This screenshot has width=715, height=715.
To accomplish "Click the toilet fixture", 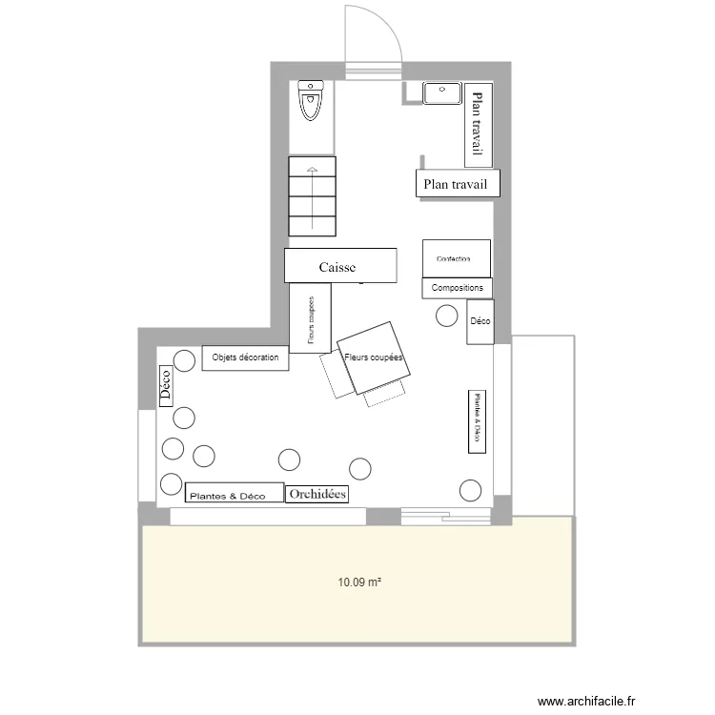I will [312, 100].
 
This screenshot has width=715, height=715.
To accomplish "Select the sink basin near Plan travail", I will [442, 92].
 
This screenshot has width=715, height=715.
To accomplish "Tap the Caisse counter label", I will [339, 266].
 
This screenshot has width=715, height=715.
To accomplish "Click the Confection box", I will [457, 258].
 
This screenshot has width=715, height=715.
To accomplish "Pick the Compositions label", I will [457, 288].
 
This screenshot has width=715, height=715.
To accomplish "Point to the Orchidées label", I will [317, 494].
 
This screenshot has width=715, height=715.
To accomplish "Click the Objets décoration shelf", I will [245, 357].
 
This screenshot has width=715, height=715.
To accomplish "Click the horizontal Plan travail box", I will [458, 185].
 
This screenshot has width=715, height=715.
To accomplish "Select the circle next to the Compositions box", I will [446, 316].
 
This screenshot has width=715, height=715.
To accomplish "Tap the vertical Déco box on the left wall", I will [165, 386].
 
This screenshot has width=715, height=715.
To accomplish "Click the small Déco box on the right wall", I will [480, 322].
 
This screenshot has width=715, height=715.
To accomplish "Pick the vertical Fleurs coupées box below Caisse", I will [311, 318].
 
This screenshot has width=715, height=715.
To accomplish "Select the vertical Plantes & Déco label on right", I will [475, 420].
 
